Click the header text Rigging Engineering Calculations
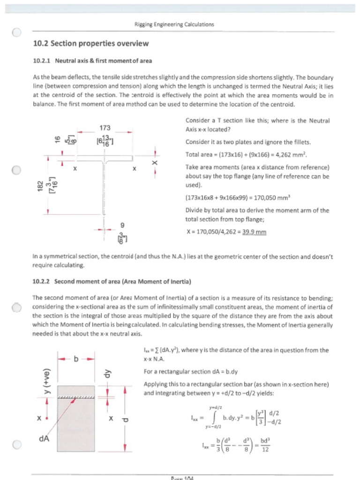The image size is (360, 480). pos(174,24)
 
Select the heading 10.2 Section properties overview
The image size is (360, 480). pos(90,44)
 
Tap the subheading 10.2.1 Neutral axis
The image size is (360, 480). pos(92,60)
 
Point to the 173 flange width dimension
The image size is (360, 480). pos(105,127)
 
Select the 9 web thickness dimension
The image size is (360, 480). pos(122,225)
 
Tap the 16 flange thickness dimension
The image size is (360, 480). pos(58,140)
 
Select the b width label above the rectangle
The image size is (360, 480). pos(76,359)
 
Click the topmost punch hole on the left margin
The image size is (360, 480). pos(16,33)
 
